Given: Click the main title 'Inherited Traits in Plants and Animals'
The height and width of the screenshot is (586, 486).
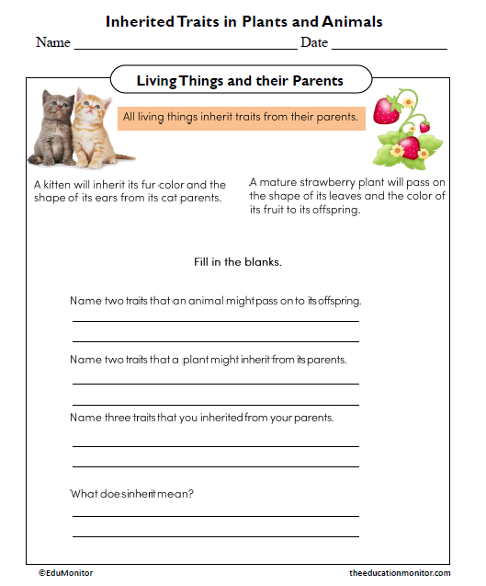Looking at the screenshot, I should [x=243, y=21].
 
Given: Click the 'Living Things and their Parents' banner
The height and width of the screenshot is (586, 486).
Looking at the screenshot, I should [x=240, y=81].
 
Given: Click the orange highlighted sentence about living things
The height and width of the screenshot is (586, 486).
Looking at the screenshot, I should [x=240, y=118].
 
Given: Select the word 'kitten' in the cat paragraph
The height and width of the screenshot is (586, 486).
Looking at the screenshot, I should [x=57, y=185].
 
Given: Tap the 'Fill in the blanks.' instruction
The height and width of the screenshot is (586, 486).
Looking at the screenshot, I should [x=238, y=262].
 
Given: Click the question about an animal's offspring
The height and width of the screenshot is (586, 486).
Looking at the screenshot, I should [x=216, y=301].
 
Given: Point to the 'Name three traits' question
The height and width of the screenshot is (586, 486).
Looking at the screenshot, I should [x=201, y=418].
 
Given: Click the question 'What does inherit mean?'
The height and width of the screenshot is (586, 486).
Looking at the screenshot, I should [x=131, y=494].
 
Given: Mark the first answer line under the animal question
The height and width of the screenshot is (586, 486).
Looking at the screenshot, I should [x=216, y=320].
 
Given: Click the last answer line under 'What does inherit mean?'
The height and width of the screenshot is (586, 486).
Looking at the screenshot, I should [x=216, y=535].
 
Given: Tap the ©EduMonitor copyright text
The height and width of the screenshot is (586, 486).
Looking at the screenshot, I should [x=65, y=573].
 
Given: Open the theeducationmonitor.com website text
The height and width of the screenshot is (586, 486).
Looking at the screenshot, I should [x=400, y=573].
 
